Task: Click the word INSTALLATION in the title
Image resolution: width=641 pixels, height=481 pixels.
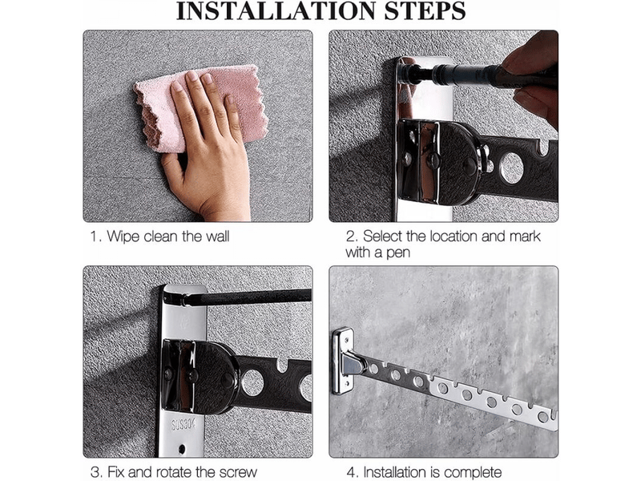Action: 276,11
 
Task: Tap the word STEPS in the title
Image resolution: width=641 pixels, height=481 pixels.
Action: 425,11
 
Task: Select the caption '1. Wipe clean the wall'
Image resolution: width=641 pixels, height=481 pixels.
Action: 159,236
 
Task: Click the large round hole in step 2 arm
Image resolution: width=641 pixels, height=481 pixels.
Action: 511,168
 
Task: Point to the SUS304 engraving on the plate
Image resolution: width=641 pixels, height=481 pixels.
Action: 183,424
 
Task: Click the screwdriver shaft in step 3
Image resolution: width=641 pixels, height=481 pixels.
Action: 245,297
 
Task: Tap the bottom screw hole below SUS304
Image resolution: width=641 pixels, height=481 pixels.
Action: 182,449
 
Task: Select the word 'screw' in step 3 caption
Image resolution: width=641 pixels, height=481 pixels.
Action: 238,472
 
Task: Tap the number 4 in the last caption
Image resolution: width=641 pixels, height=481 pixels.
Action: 350,472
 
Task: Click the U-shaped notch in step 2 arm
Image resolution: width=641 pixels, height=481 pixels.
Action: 543,148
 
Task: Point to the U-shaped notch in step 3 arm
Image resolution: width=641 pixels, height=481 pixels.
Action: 282,365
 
